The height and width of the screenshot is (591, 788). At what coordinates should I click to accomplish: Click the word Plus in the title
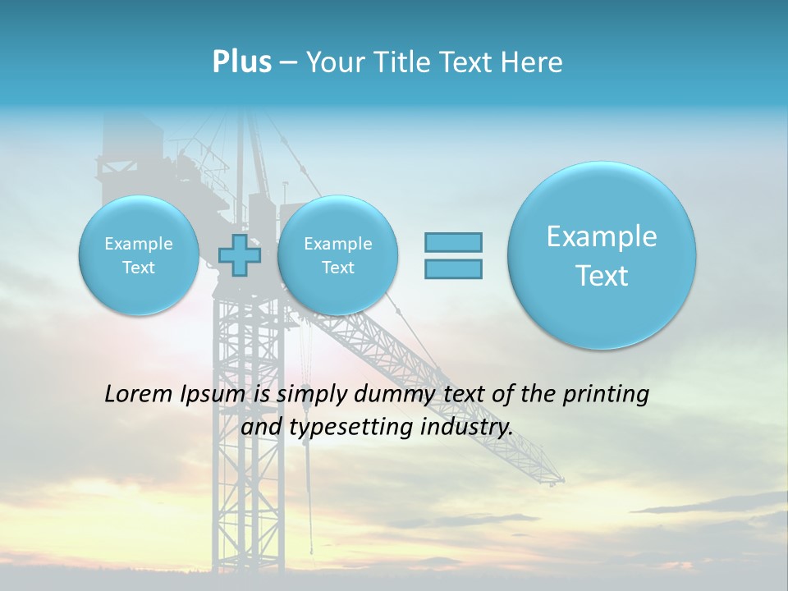coord(241,62)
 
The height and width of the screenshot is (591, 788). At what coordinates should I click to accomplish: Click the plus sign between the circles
coord(240,255)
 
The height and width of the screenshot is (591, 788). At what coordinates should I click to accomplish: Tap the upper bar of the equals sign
coord(453,242)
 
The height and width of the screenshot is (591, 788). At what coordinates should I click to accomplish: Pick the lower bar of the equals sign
coord(453,268)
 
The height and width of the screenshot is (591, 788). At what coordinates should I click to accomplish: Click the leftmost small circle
coord(139,255)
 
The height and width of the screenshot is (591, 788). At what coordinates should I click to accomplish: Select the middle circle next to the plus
coord(337,255)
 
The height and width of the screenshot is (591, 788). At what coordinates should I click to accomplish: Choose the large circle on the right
coord(602,255)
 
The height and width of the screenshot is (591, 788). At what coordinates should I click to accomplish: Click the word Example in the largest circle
coord(602,236)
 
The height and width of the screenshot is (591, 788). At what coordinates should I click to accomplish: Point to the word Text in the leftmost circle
coord(139,268)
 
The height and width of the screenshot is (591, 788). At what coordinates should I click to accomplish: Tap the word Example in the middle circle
coord(337,244)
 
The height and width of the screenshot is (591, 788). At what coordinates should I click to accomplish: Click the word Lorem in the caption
coord(139,394)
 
